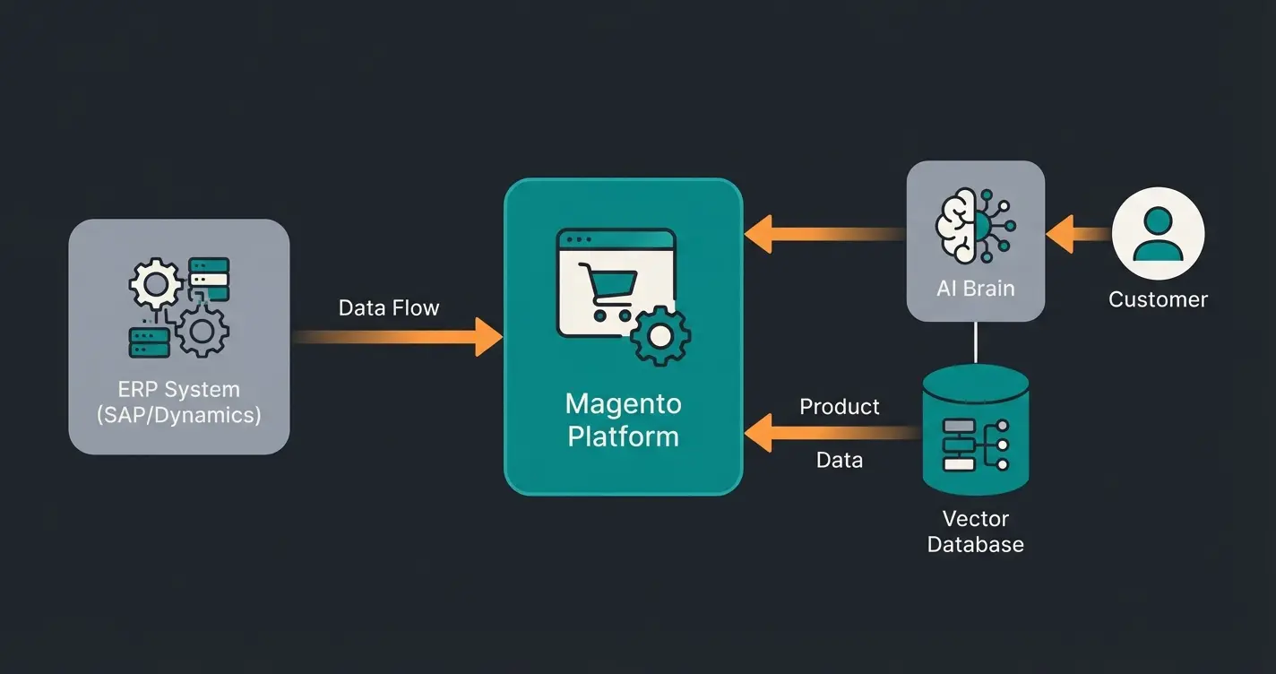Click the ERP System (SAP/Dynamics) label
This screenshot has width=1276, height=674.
click(x=178, y=402)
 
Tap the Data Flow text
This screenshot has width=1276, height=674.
click(x=389, y=308)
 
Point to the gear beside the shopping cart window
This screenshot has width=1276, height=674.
click(x=660, y=335)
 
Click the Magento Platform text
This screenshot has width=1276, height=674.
click(x=623, y=419)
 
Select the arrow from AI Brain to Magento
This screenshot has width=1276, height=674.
click(x=824, y=235)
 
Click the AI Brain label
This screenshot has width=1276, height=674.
click(x=975, y=288)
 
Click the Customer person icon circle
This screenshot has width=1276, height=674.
click(x=1158, y=233)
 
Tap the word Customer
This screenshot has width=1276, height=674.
click(x=1158, y=299)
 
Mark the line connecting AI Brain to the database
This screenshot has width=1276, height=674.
click(x=976, y=342)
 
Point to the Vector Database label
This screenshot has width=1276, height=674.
click(x=976, y=531)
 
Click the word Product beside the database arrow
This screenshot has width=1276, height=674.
click(x=839, y=407)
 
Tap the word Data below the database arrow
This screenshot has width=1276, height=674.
click(x=839, y=461)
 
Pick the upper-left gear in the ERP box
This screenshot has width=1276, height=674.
click(x=156, y=285)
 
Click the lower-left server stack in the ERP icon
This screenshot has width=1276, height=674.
click(x=150, y=342)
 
